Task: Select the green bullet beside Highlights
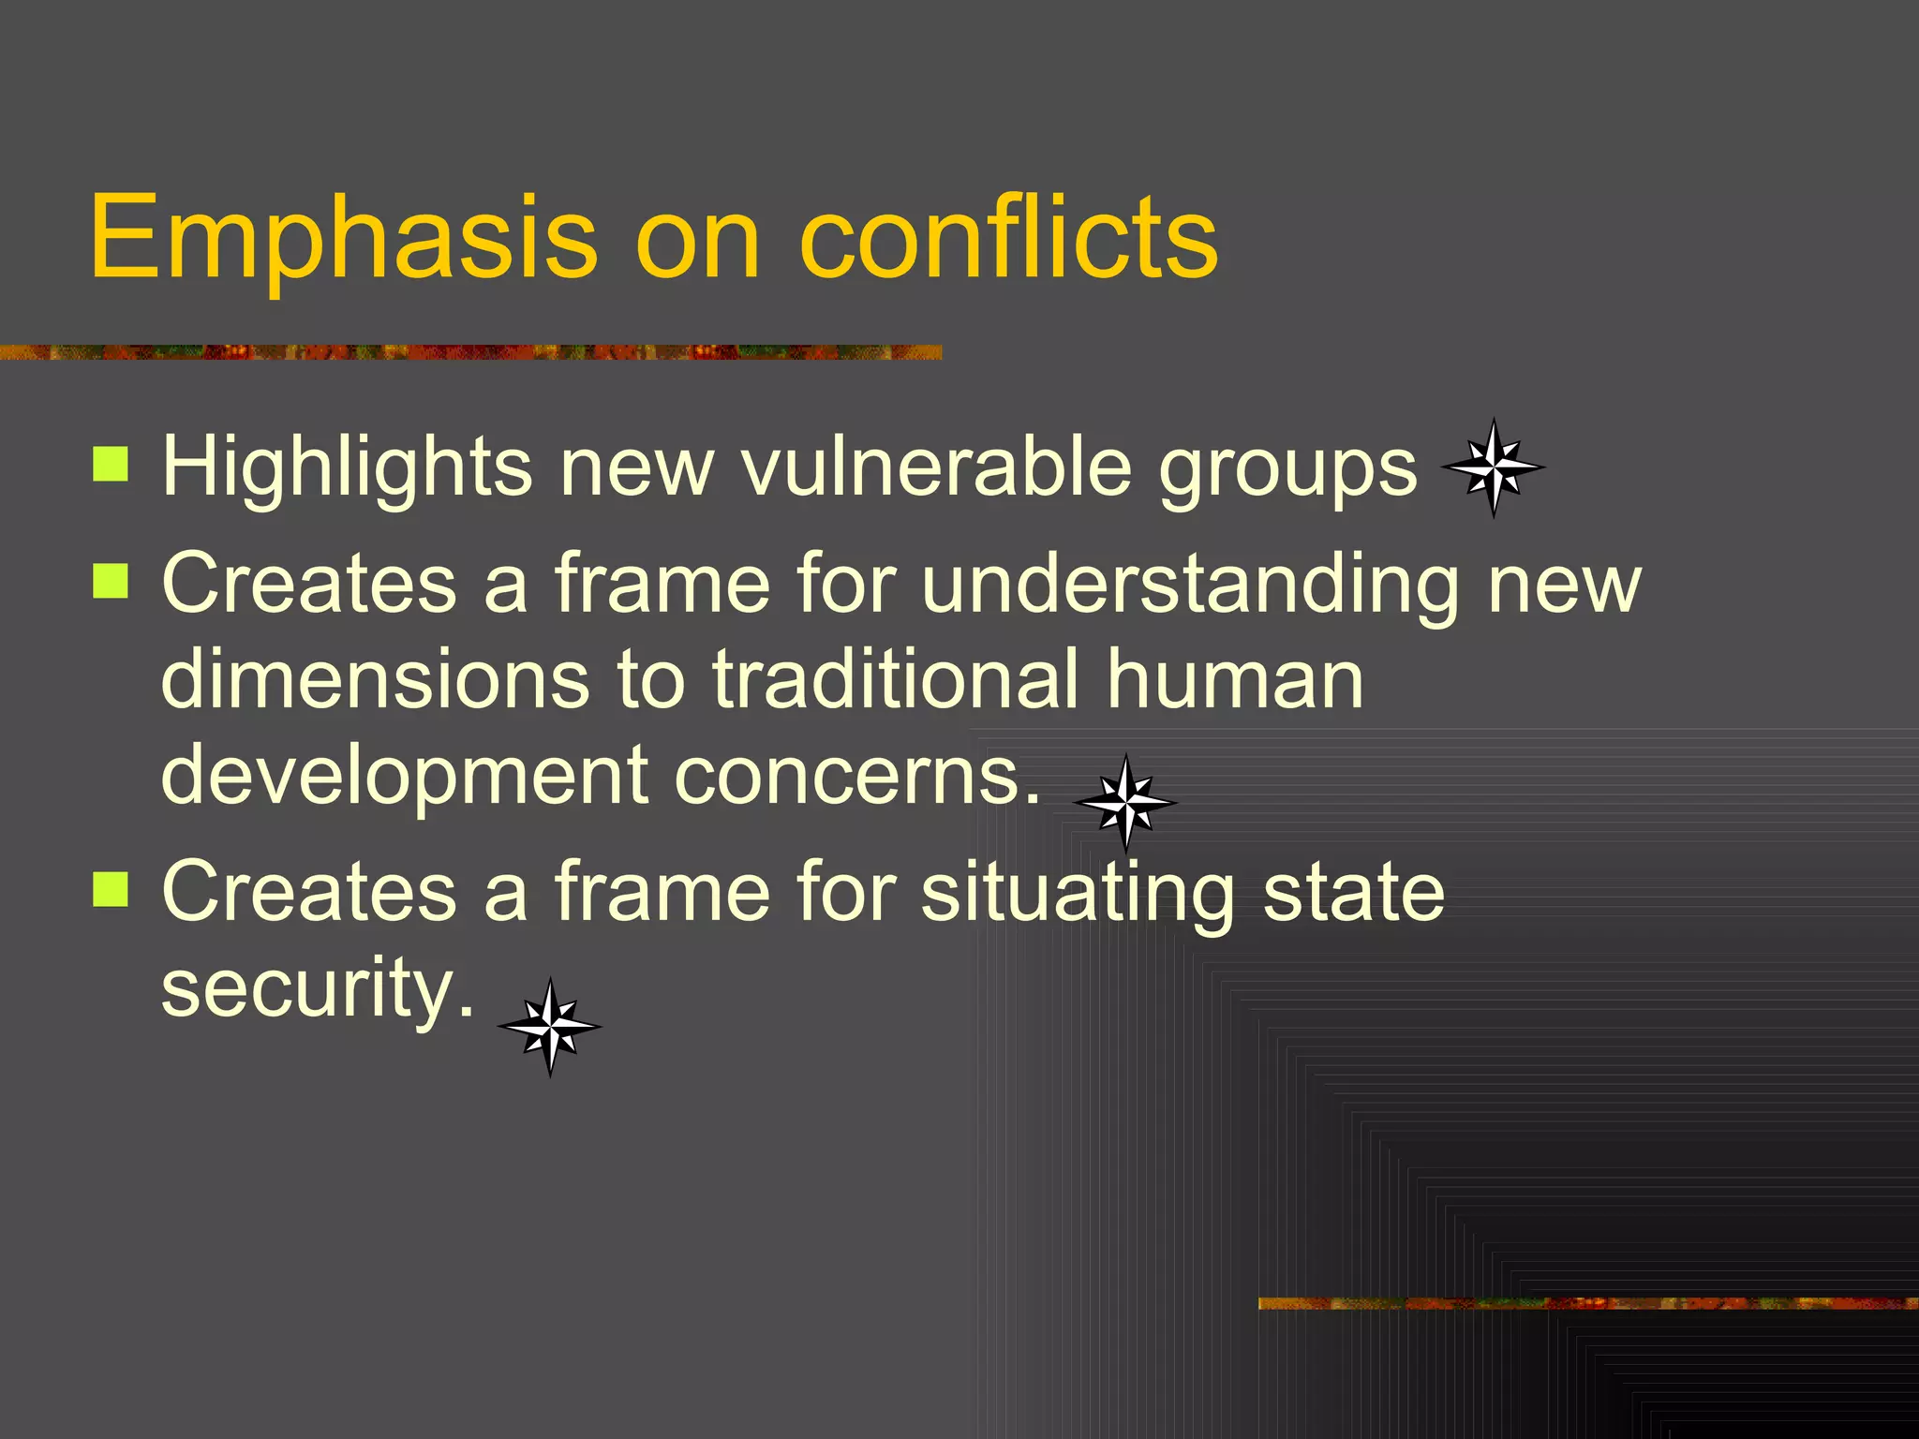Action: pyautogui.click(x=111, y=464)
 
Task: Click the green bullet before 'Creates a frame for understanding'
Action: pyautogui.click(x=111, y=581)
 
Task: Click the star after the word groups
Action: pyautogui.click(x=1493, y=467)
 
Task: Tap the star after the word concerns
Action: pyautogui.click(x=1125, y=803)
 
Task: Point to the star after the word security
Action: pyautogui.click(x=550, y=1027)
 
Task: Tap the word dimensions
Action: pyautogui.click(x=375, y=679)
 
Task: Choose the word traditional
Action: pyautogui.click(x=895, y=679)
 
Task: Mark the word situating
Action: pyautogui.click(x=1078, y=893)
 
